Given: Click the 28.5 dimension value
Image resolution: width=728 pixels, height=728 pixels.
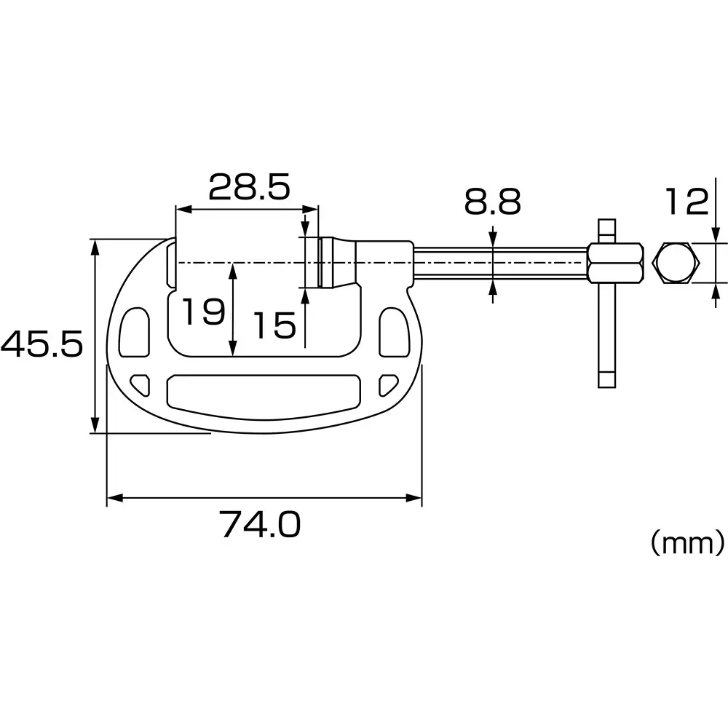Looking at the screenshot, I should pos(250,187).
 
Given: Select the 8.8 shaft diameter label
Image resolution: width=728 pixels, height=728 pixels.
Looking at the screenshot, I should pos(493,202).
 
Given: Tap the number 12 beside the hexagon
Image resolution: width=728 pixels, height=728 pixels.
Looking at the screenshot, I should pos(687,202).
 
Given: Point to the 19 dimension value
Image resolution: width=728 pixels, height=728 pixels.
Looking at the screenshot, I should pos(202,312).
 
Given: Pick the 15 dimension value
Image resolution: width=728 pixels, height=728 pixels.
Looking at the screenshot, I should pos(274,325).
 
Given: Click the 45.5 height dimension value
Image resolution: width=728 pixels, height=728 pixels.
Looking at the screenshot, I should pos(42,344).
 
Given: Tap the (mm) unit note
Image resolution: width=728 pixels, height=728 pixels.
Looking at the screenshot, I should pos(687,542).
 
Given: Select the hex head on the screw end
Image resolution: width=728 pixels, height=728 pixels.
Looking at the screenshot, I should pos(615,263).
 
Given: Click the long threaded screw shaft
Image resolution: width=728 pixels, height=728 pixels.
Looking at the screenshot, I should pos(500,263).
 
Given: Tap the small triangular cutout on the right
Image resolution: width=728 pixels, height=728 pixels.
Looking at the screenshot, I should pos(389,382).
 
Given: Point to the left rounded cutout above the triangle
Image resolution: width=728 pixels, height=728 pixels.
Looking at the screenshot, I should pos(134,331).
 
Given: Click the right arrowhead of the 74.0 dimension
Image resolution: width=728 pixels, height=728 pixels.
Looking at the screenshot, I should pos(416,499).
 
